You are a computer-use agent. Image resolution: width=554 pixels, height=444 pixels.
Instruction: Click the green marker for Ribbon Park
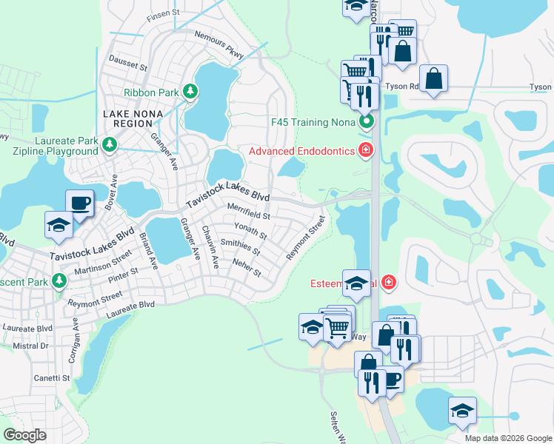click(191, 92)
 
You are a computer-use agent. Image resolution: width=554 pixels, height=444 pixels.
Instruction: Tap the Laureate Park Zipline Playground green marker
click(110, 144)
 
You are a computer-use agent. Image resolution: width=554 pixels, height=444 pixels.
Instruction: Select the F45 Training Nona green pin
click(365, 121)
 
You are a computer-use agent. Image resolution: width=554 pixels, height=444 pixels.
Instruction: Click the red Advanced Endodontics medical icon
click(365, 151)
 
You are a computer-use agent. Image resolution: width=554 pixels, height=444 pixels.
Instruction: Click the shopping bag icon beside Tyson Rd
click(433, 78)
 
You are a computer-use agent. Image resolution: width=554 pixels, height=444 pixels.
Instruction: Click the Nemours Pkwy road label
click(218, 44)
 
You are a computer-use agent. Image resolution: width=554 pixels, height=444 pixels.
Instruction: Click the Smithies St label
click(240, 247)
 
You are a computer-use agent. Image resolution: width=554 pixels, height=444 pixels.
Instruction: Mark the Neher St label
click(247, 268)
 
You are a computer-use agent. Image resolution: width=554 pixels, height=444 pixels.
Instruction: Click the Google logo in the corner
click(24, 434)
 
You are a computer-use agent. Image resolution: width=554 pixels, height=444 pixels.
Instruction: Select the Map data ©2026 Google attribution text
click(507, 438)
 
